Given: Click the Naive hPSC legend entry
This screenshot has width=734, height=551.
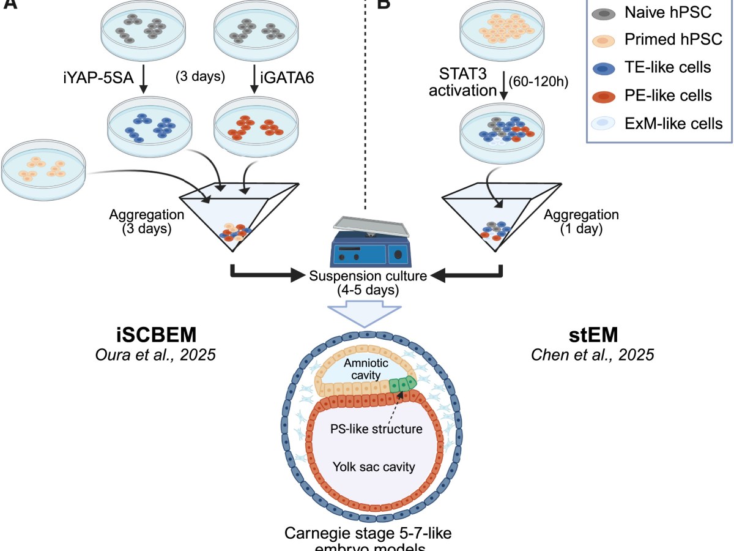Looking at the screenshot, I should click(654, 12).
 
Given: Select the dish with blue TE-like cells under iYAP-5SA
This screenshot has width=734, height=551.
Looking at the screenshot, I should click(147, 123).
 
